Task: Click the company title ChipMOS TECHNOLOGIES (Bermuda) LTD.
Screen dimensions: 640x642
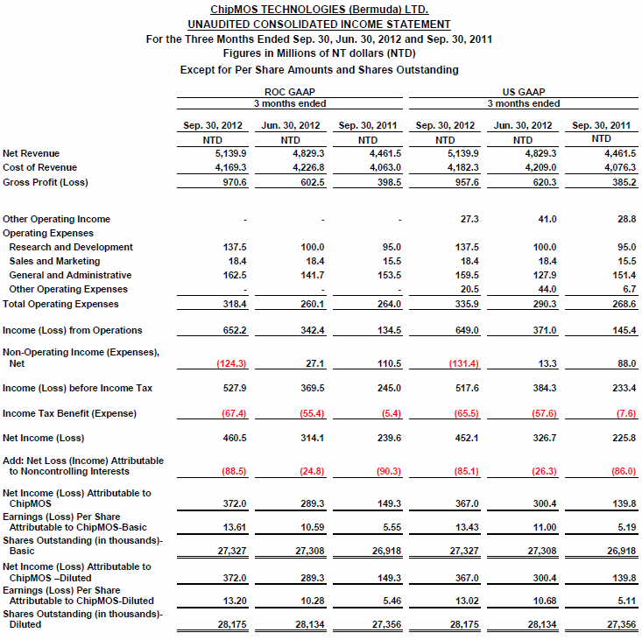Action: pyautogui.click(x=319, y=9)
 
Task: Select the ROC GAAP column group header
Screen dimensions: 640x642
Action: pyautogui.click(x=290, y=91)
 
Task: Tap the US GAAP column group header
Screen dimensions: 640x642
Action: pyautogui.click(x=523, y=91)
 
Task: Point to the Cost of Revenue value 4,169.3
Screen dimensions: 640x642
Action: pyautogui.click(x=229, y=167)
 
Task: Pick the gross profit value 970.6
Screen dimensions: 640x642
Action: pyautogui.click(x=233, y=182)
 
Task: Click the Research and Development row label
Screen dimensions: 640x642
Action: pyautogui.click(x=71, y=248)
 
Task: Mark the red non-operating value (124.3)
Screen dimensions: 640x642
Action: pyautogui.click(x=230, y=362)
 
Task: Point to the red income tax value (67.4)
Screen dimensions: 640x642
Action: pyautogui.click(x=232, y=413)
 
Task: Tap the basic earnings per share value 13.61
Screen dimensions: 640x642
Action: pyautogui.click(x=231, y=527)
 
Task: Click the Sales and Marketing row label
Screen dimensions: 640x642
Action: pyautogui.click(x=54, y=261)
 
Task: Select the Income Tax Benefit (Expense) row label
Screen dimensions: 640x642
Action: pyautogui.click(x=70, y=413)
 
